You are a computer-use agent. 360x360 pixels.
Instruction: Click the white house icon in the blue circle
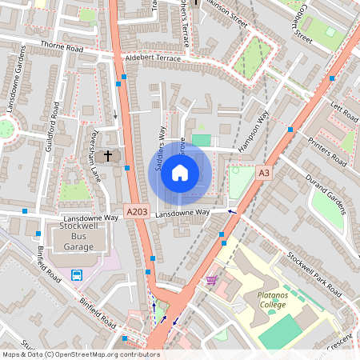click(180, 173)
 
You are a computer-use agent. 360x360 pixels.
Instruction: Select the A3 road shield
click(264, 172)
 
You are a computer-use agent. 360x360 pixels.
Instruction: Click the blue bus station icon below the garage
click(77, 275)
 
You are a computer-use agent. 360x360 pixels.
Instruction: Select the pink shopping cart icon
click(211, 280)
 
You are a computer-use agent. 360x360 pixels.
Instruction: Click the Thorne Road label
click(62, 49)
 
